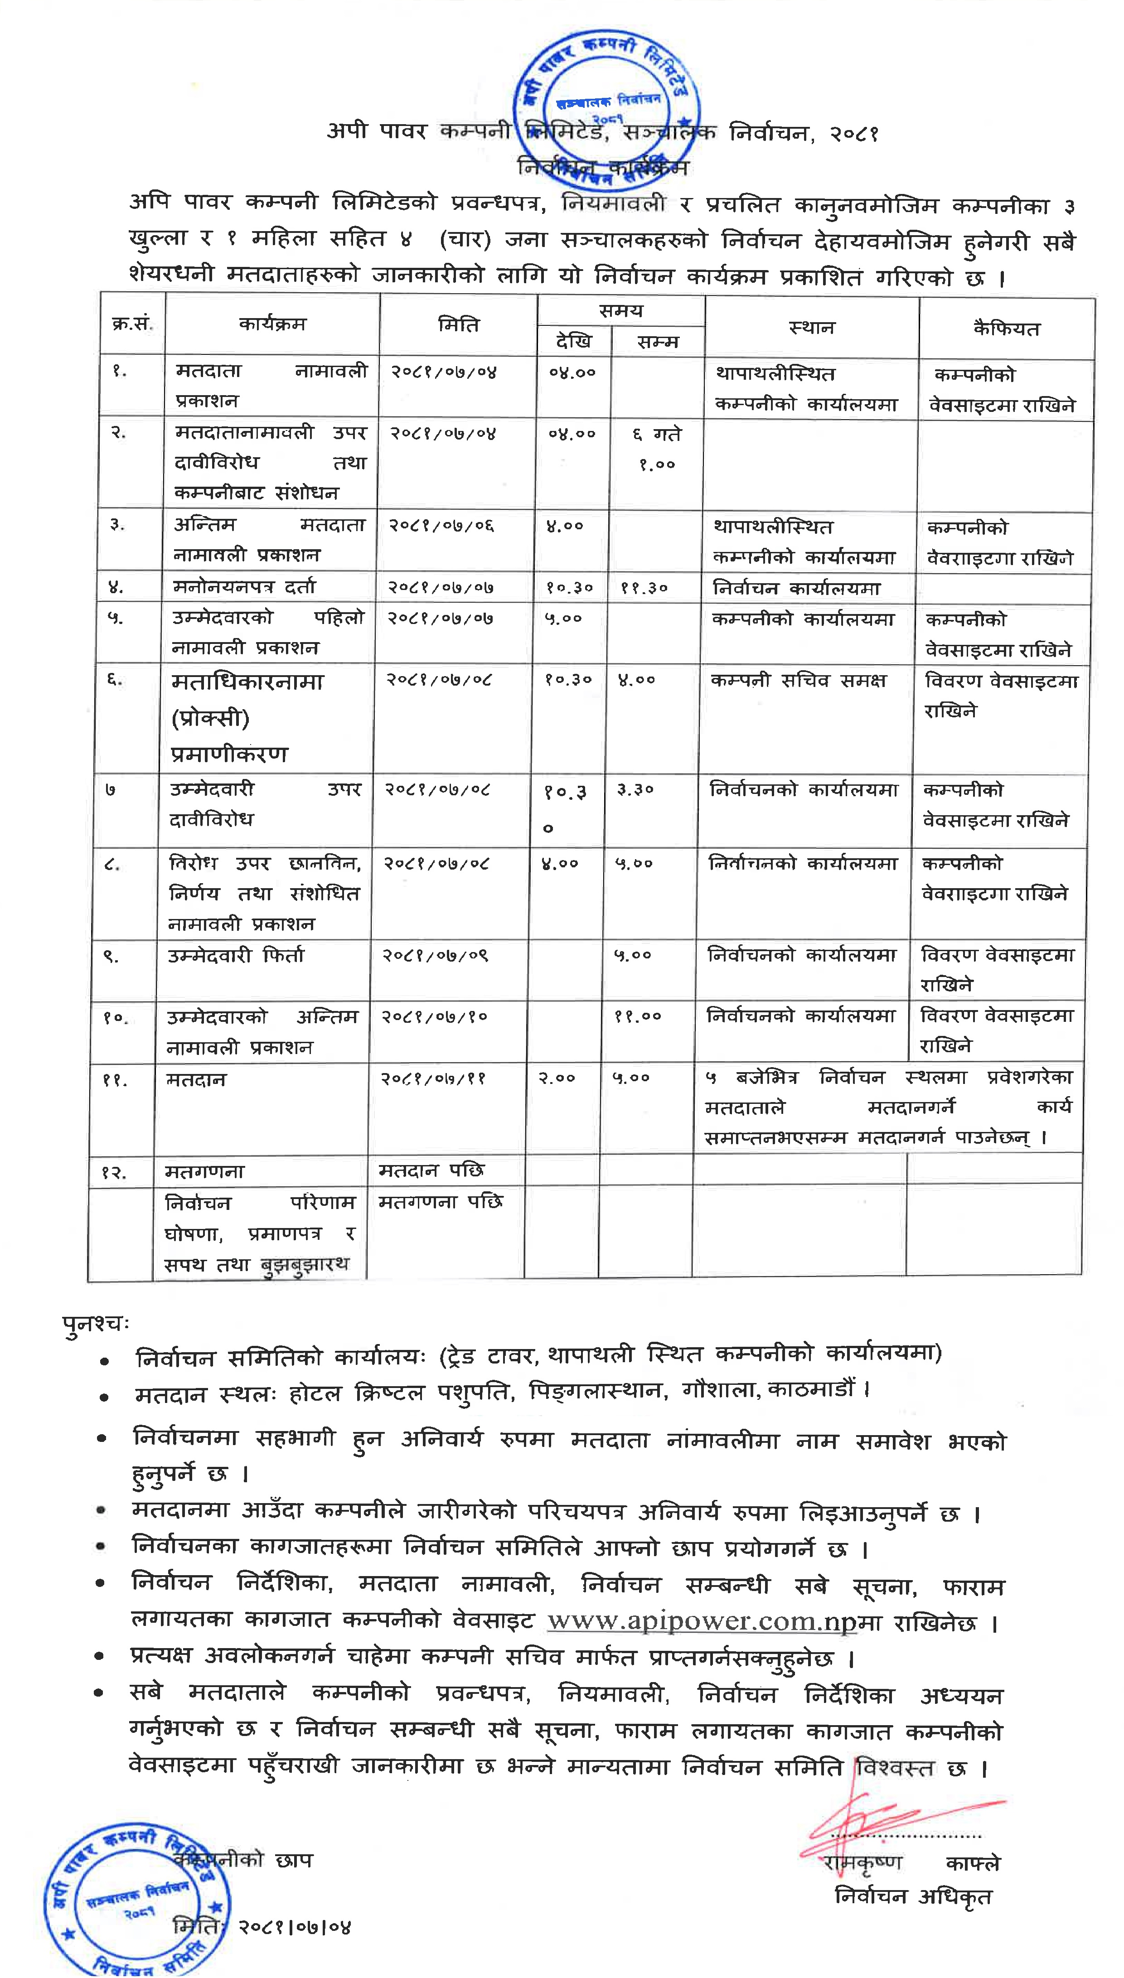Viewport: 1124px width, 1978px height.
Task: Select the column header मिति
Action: (459, 325)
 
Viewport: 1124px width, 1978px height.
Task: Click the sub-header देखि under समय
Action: (574, 341)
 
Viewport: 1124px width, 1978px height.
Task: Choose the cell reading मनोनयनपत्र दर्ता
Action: (244, 586)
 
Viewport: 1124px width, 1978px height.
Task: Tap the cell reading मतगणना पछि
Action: (440, 1202)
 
